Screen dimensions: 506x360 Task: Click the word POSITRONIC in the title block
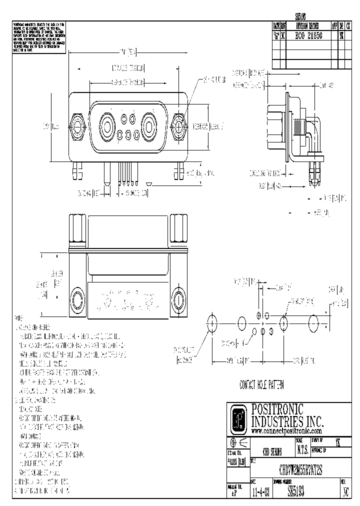(277, 408)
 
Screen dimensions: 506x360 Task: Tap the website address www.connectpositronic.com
(286, 430)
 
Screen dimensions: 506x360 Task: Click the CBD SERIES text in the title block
(272, 450)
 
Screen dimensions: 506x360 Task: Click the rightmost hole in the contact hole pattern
(313, 321)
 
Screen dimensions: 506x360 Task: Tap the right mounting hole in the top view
(178, 300)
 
